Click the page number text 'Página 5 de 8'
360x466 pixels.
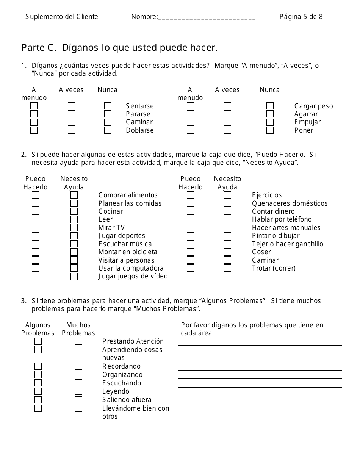pos(301,17)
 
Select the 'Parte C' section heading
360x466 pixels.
pos(119,48)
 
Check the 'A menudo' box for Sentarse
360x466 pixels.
pos(34,106)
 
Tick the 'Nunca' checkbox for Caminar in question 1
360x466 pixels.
pos(108,122)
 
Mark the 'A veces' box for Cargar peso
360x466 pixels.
pos(227,106)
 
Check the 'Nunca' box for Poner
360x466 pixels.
pos(270,130)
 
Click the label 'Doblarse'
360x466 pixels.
pos(140,130)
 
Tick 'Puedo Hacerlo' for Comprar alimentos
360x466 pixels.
pos(35,195)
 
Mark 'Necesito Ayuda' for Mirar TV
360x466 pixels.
pos(74,228)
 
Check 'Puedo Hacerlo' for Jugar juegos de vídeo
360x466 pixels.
pos(35,277)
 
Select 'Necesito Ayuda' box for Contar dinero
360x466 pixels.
pos(227,211)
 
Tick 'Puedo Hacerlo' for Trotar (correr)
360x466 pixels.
pos(190,268)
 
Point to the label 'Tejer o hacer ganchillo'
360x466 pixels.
pos(287,244)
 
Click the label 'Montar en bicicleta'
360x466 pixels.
pos(128,252)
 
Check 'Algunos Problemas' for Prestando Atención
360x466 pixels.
pos(38,341)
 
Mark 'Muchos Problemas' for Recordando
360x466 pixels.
pos(78,366)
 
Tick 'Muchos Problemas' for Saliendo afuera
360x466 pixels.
pos(78,400)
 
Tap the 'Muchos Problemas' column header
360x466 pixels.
pos(78,329)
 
